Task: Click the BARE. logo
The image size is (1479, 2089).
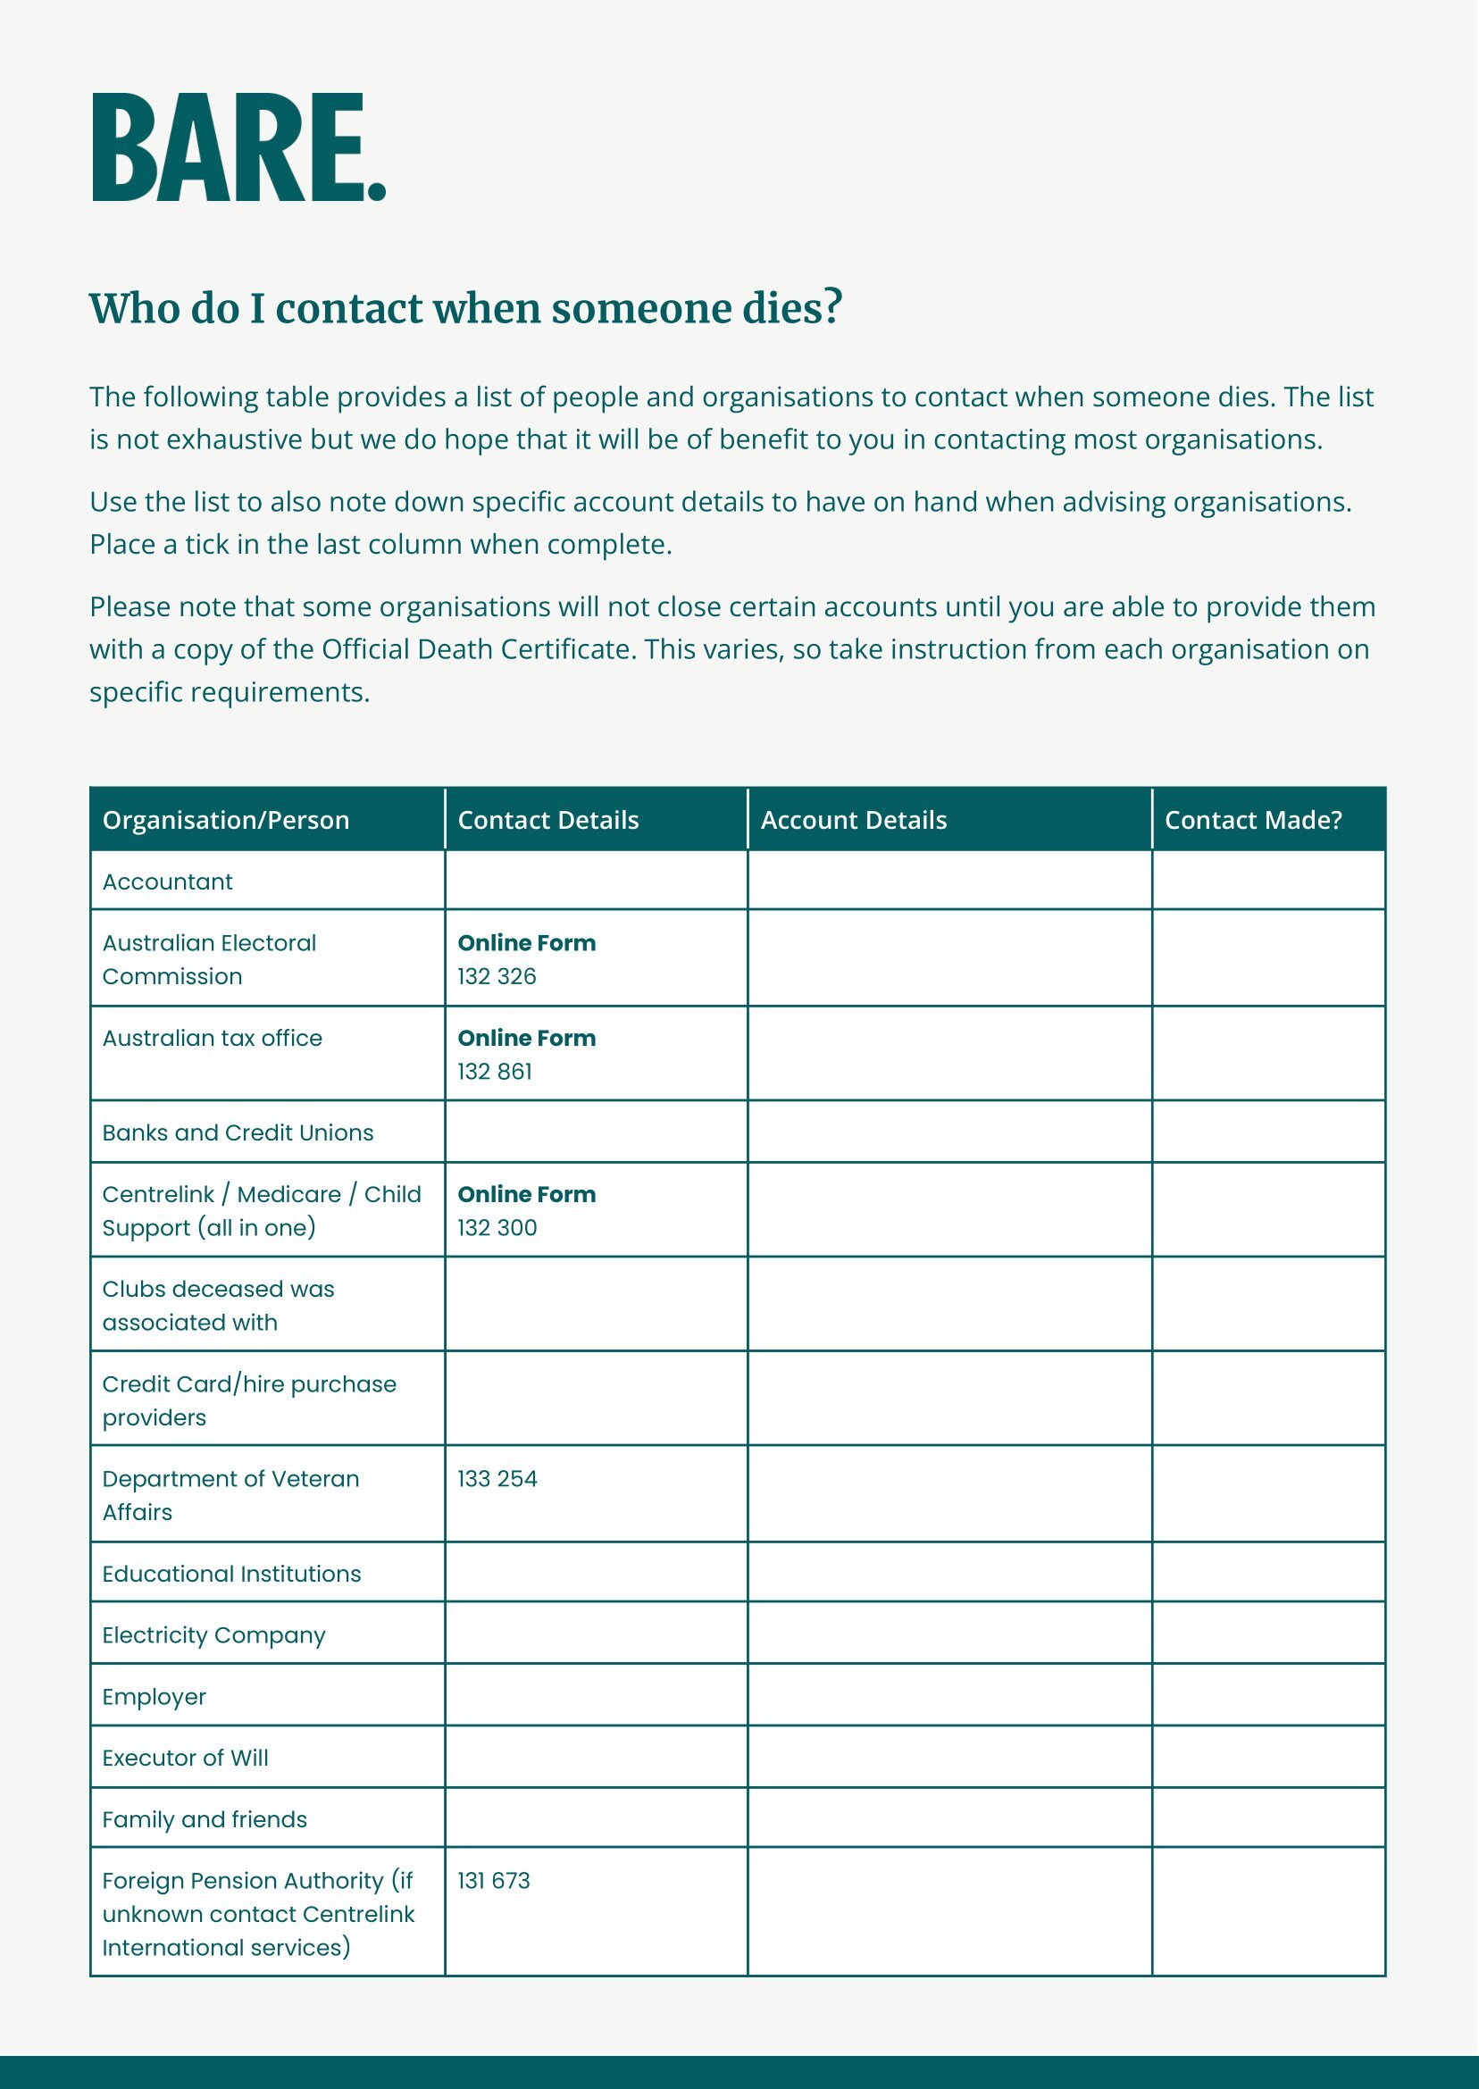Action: click(238, 147)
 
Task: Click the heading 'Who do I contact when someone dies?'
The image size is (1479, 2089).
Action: click(465, 308)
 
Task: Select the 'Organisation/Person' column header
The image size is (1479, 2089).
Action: click(226, 821)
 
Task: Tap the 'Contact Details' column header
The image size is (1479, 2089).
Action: click(548, 821)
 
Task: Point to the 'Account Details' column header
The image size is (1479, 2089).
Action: click(853, 821)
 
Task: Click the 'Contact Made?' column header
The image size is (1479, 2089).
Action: click(1253, 821)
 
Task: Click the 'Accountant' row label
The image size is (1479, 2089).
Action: click(168, 882)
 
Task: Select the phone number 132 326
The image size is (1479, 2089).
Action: click(497, 976)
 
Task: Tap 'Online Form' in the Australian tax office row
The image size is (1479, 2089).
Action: click(526, 1038)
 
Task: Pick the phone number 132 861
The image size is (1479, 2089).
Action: click(495, 1072)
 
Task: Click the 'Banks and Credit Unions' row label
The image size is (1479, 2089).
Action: click(238, 1132)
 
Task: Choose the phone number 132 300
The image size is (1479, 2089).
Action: click(497, 1227)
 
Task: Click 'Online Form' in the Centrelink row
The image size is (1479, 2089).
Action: click(526, 1194)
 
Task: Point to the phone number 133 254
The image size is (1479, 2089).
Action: click(497, 1478)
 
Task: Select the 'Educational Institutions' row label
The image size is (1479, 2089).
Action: click(231, 1574)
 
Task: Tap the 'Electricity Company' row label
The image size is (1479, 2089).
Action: click(213, 1634)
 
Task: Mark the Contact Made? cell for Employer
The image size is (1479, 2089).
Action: click(1268, 1696)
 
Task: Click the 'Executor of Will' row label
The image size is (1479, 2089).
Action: click(185, 1758)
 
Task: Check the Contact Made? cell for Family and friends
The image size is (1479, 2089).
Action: click(1268, 1818)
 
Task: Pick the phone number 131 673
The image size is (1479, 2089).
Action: click(494, 1881)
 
